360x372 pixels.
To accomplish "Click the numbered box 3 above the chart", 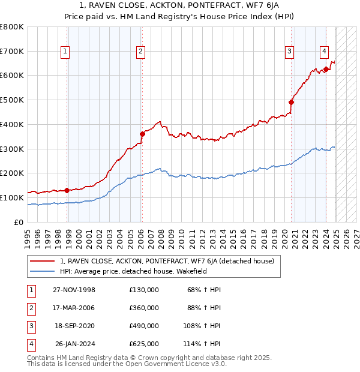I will click(289, 52).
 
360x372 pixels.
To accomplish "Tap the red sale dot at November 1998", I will click(67, 190).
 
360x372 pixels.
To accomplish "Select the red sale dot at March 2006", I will click(142, 134).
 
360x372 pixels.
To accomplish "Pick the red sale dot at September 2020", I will click(292, 102).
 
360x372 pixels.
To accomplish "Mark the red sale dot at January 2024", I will click(326, 69).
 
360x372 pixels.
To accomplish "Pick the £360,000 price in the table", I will click(144, 308).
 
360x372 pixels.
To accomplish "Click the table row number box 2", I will click(31, 308).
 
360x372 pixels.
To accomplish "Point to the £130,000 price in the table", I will click(144, 290).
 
